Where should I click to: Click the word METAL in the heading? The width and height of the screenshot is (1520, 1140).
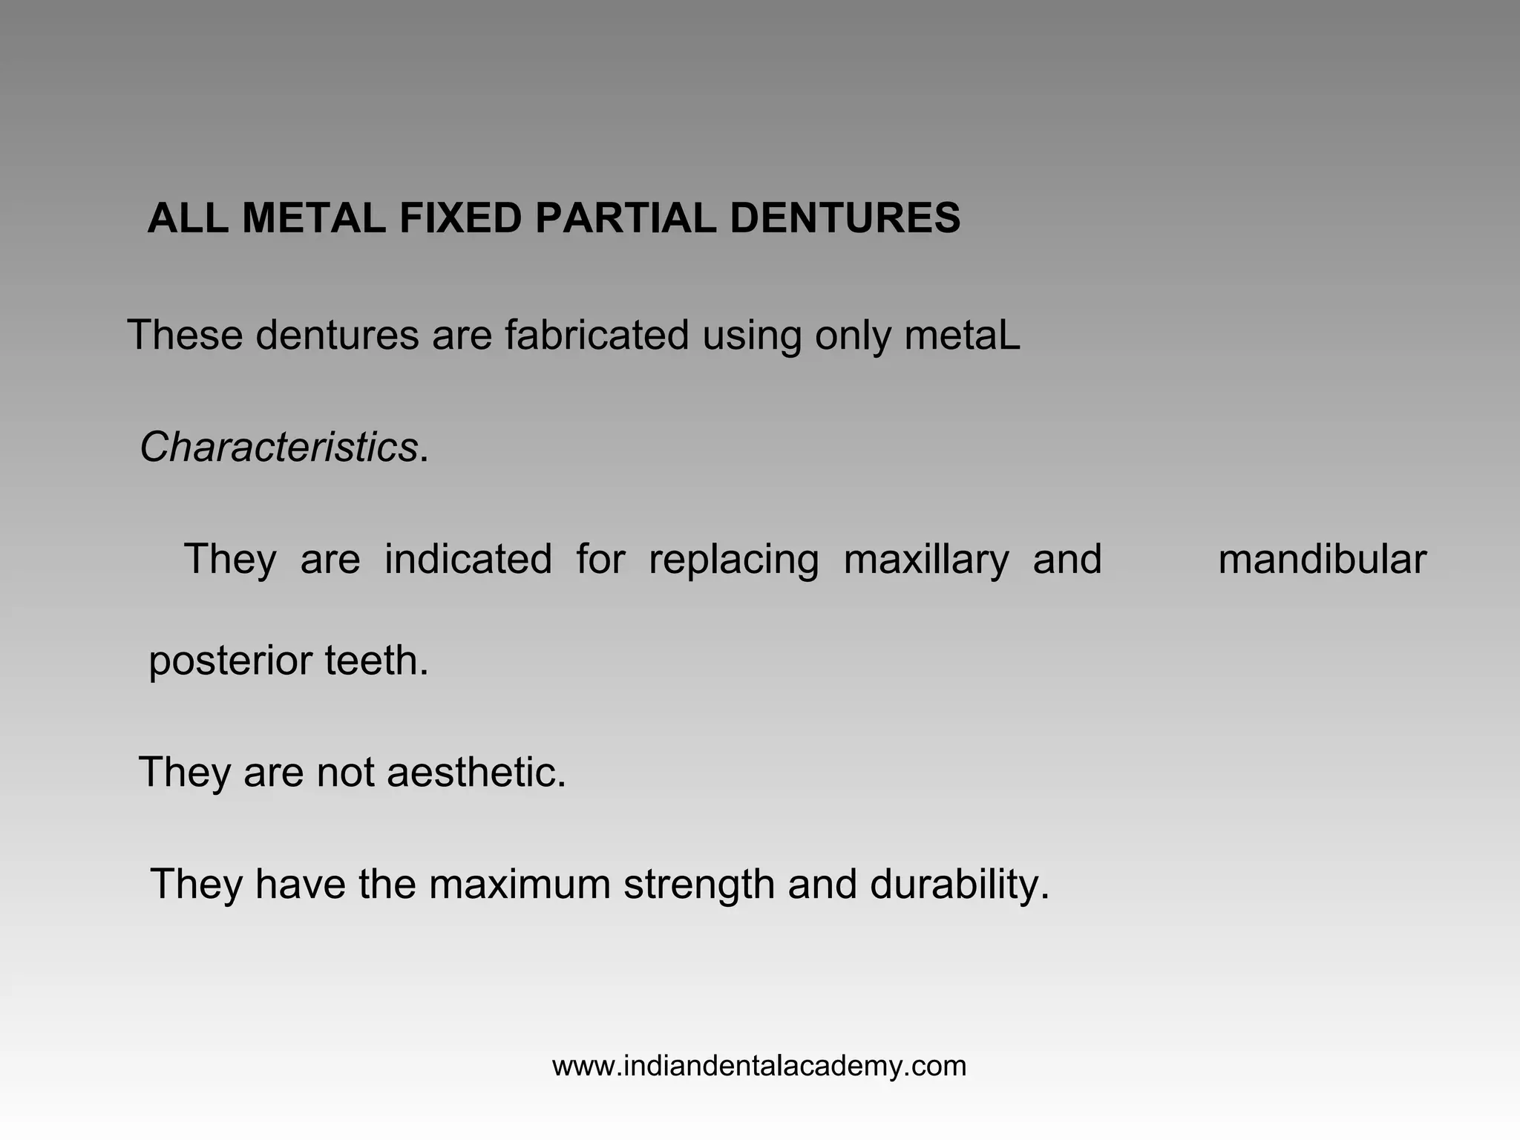pos(313,219)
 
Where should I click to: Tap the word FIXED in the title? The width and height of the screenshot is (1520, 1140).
pos(460,219)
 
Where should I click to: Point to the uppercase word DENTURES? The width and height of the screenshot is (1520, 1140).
pos(845,219)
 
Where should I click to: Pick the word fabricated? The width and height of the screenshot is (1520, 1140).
pos(597,335)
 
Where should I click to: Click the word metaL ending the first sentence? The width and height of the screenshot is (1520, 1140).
pos(962,335)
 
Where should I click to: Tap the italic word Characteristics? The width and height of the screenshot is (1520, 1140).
pos(278,448)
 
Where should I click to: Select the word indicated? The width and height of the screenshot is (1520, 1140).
pos(468,559)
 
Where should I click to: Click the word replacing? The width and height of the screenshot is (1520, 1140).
pos(733,560)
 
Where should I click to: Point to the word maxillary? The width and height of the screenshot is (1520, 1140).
pos(926,560)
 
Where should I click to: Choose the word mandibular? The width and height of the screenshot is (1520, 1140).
pos(1322,559)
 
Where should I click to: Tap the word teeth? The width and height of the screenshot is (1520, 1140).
pos(376,660)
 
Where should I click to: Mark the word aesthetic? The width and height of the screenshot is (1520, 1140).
pos(476,772)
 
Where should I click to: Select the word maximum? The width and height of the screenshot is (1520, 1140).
pos(520,884)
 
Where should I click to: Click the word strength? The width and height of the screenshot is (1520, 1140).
pos(699,885)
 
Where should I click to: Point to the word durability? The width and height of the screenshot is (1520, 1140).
pos(960,885)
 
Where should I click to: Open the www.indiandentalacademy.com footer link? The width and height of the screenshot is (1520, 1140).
pos(759,1067)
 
